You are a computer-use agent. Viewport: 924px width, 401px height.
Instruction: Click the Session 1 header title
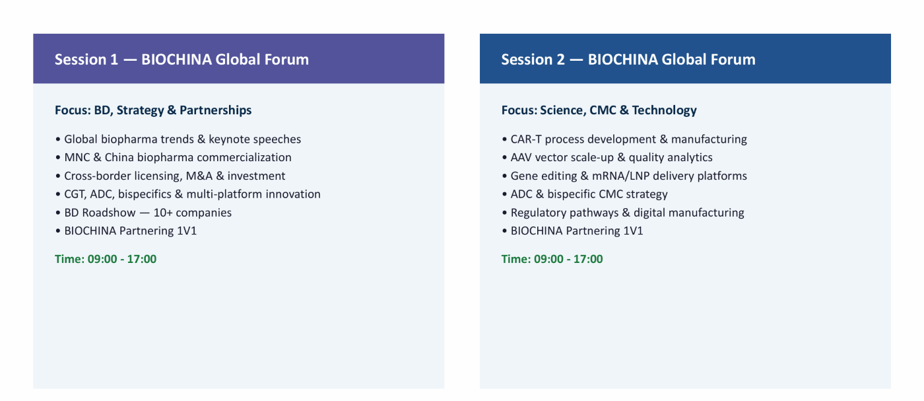click(181, 59)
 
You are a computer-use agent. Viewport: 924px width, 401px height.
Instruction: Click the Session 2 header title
click(628, 59)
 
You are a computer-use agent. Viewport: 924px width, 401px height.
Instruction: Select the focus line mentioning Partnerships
click(153, 110)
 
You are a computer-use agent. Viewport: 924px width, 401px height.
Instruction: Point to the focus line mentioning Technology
click(599, 110)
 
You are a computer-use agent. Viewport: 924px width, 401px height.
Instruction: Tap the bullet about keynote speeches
click(178, 139)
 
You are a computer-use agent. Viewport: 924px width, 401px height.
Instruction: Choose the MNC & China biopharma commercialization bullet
click(173, 157)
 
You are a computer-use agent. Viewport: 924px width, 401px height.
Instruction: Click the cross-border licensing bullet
click(170, 176)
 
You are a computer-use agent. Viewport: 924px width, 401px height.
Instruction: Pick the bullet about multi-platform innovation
click(187, 194)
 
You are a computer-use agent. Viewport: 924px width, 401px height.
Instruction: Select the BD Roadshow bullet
click(144, 213)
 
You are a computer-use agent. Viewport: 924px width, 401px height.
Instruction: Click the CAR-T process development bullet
click(624, 139)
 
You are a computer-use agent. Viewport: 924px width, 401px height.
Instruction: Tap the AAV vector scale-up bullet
click(607, 157)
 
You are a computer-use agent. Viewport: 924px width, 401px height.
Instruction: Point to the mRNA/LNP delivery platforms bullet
click(624, 176)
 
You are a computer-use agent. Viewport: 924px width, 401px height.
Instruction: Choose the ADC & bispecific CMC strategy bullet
click(585, 194)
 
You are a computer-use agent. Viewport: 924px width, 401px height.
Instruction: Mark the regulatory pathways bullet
click(623, 213)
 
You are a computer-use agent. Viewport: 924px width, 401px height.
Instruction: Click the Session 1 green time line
click(106, 259)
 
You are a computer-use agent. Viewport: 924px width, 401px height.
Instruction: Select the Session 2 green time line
click(552, 259)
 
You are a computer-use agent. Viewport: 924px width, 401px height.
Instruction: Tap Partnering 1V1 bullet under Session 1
click(126, 231)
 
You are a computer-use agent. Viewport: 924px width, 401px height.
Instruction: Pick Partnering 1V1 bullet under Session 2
click(573, 231)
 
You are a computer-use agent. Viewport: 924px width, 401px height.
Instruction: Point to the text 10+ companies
click(193, 213)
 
